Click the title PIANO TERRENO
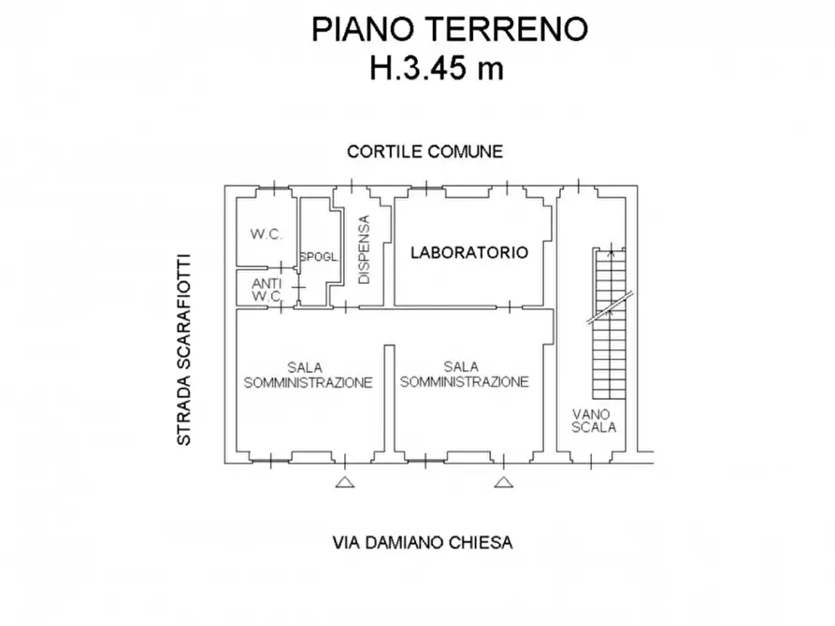click(450, 30)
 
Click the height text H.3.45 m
click(437, 69)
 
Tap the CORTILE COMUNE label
click(425, 151)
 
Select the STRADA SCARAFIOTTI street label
click(185, 349)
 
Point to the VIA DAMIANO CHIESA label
click(423, 543)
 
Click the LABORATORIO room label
click(470, 252)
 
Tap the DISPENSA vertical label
click(365, 249)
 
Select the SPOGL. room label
click(317, 258)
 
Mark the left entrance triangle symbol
click(345, 482)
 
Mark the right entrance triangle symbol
click(504, 482)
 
